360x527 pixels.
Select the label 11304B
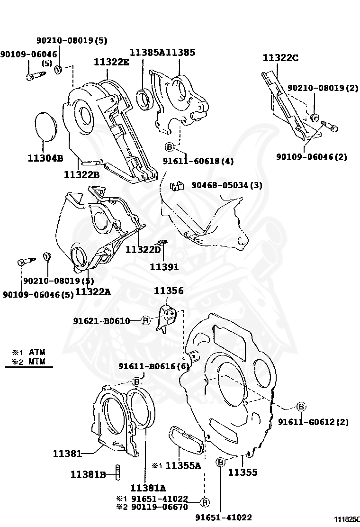[45, 158]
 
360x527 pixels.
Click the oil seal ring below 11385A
[144, 98]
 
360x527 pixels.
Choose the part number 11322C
[280, 58]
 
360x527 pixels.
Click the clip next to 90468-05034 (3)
[177, 186]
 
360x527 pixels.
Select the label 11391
[164, 267]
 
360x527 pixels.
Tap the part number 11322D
[144, 249]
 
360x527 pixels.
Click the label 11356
[168, 291]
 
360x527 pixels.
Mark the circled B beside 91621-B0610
[146, 320]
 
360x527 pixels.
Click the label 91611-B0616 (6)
[154, 366]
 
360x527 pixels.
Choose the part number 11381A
[148, 488]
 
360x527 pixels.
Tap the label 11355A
[183, 465]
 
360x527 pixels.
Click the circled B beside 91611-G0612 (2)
[301, 406]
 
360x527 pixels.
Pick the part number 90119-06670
[159, 507]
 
